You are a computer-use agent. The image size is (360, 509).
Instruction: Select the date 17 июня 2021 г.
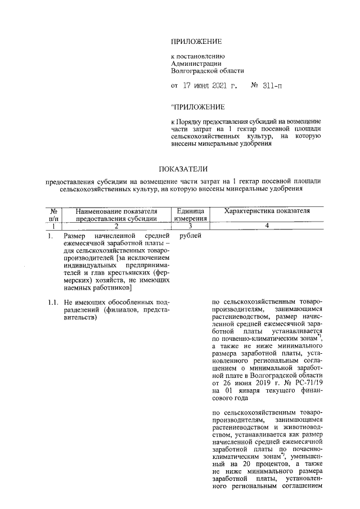coord(208,86)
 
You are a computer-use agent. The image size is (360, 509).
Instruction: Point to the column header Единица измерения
coord(191,215)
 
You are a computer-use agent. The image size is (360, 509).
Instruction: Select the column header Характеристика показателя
coord(267,211)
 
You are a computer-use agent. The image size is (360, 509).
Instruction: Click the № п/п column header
coord(54,215)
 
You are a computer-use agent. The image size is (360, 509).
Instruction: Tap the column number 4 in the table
coord(267,226)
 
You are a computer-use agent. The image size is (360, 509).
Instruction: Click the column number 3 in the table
coord(191,226)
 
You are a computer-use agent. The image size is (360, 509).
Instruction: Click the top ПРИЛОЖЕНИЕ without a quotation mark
coord(197,42)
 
